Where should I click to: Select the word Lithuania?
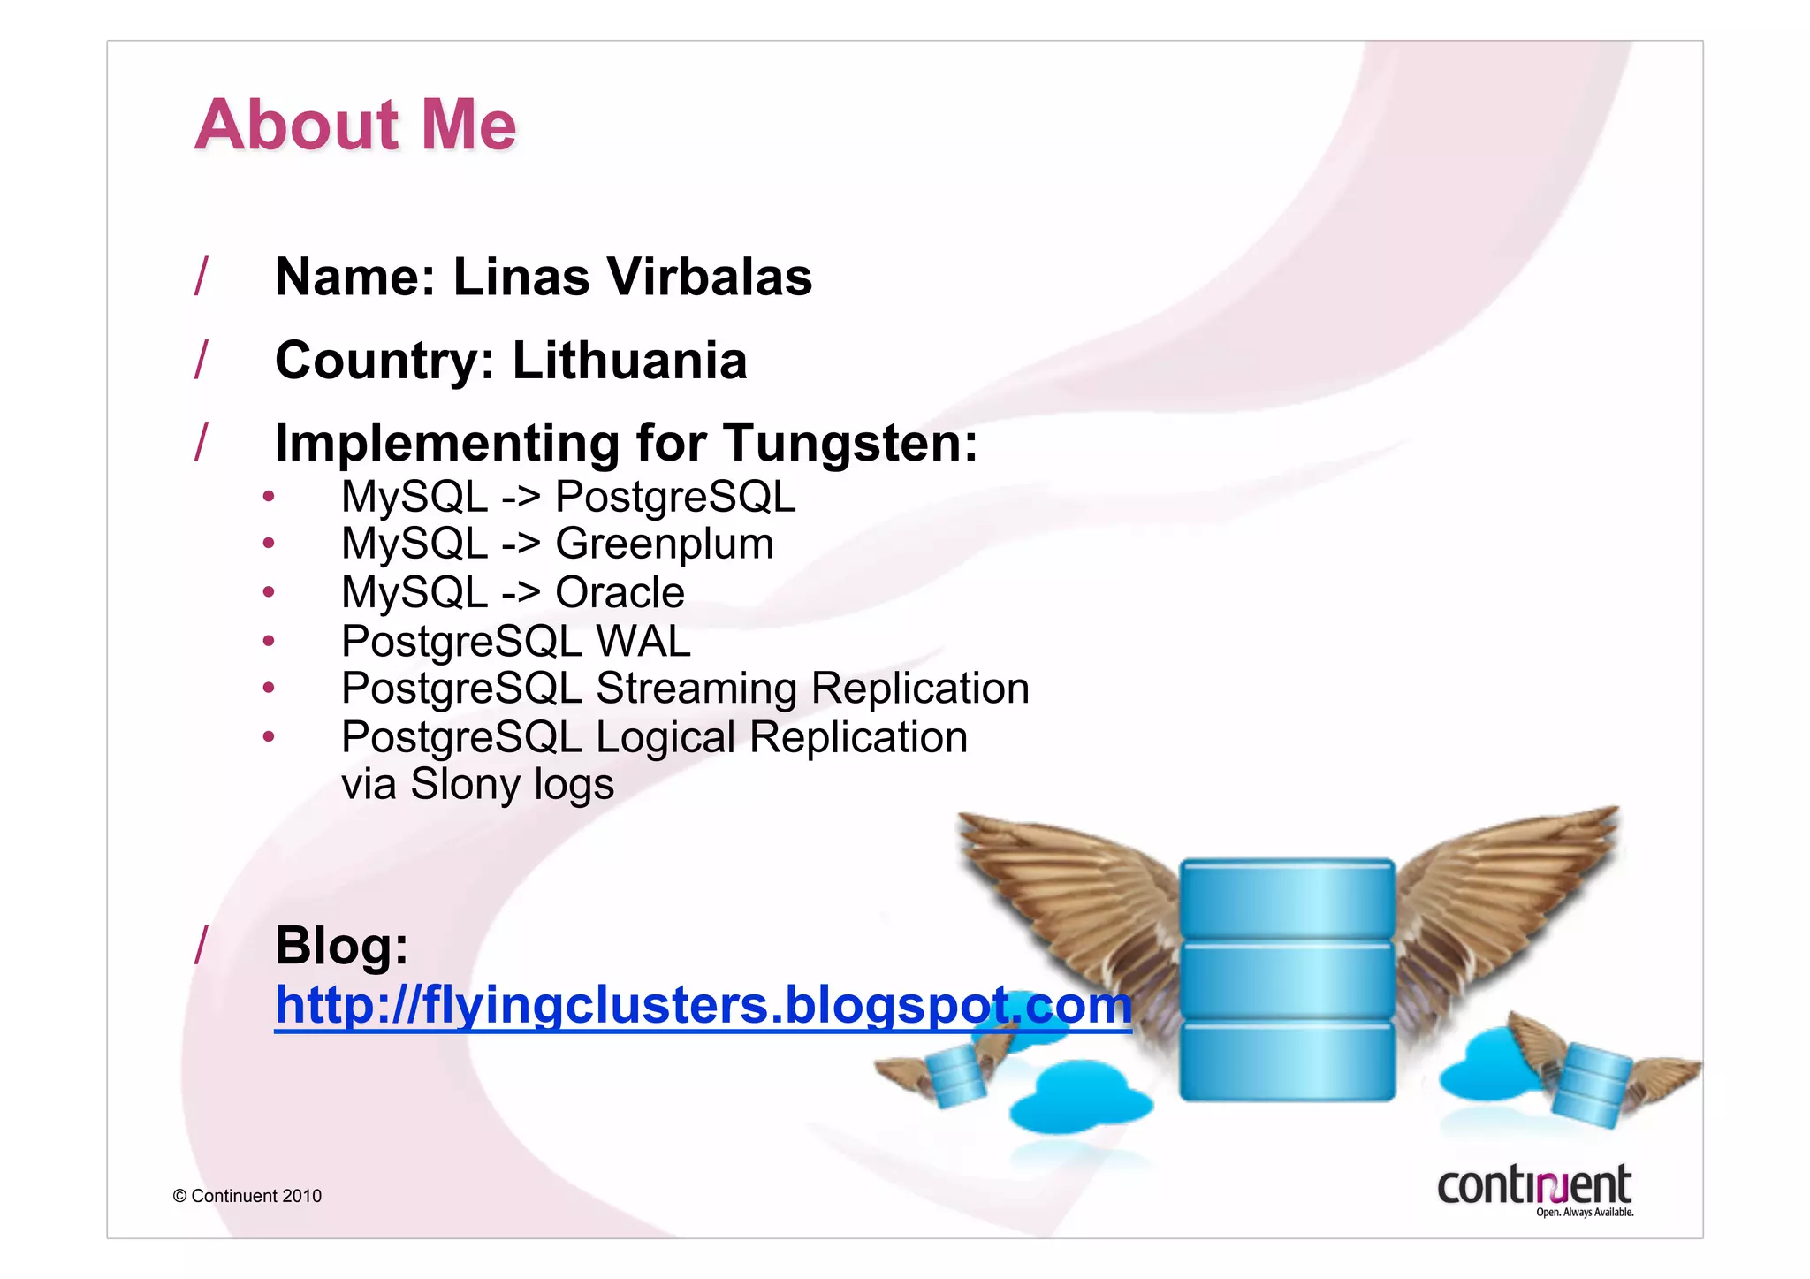(629, 361)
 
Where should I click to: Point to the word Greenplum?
(664, 544)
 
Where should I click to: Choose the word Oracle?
(620, 592)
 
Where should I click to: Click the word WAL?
(643, 641)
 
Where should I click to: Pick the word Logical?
(665, 737)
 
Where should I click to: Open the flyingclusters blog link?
(703, 1005)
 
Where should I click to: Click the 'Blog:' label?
(342, 945)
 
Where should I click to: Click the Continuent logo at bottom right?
(1534, 1190)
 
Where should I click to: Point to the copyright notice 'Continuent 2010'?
(247, 1196)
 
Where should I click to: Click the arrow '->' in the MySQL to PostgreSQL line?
(521, 496)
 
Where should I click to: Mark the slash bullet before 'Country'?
(202, 359)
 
